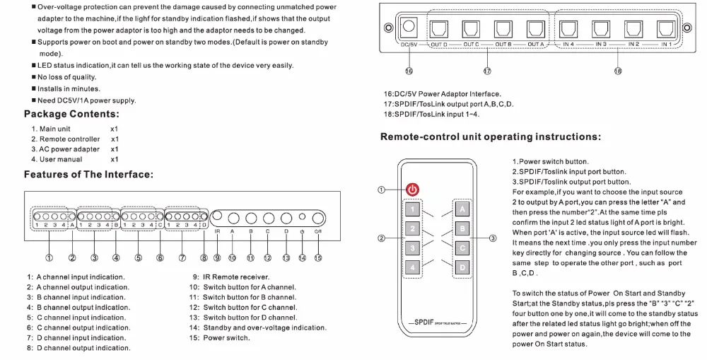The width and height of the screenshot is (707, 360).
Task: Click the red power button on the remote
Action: coord(414,190)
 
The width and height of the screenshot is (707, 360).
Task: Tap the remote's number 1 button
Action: coord(414,209)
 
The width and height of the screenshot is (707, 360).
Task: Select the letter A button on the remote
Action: coord(461,209)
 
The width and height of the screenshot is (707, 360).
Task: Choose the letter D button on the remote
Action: coord(461,268)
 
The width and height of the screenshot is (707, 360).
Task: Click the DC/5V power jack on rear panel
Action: coord(409,29)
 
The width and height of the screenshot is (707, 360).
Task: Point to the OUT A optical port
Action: coord(535,29)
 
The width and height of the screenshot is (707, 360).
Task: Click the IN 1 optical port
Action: coord(665,29)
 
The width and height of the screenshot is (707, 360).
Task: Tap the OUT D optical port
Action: coord(438,29)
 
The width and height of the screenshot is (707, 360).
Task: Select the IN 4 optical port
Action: coord(568,29)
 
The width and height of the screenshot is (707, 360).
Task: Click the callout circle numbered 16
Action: coord(409,71)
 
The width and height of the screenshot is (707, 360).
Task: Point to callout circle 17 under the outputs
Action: coord(487,71)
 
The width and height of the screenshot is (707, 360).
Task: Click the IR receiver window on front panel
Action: coord(217,216)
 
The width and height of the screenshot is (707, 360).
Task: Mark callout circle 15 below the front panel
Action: coord(318,258)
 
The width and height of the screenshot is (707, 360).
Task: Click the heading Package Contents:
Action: coord(71,114)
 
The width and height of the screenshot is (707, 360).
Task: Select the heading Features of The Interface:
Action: coord(88,174)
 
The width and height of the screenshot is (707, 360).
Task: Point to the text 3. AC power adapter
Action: coord(65,149)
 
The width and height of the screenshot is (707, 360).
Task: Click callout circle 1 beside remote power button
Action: coord(382,190)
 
